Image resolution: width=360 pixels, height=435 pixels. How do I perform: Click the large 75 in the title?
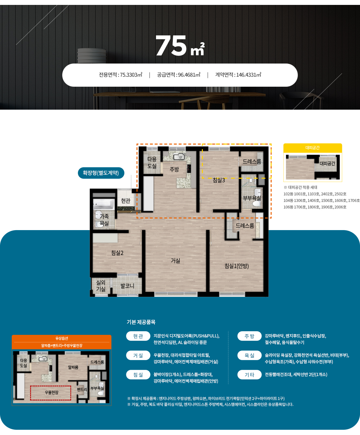(171, 45)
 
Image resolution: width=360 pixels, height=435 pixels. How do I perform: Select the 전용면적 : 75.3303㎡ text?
(120, 75)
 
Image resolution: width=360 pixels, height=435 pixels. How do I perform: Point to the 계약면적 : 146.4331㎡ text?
(238, 75)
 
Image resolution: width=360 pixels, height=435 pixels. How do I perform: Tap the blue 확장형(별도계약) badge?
(101, 173)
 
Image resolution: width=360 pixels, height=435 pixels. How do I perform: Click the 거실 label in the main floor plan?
(175, 261)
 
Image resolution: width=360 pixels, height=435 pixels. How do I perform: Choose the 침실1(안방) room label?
(237, 266)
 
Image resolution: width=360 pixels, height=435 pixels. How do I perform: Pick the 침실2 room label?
(117, 253)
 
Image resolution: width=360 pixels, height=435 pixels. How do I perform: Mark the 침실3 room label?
(219, 180)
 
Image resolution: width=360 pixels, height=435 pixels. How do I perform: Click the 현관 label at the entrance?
(126, 201)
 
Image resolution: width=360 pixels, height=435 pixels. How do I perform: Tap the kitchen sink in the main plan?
(179, 156)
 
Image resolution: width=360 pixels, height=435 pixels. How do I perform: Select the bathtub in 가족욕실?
(103, 204)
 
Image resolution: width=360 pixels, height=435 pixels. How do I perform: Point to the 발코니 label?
(127, 286)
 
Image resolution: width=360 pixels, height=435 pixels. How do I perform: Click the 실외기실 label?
(101, 286)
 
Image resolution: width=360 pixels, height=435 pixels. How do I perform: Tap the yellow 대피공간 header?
(313, 148)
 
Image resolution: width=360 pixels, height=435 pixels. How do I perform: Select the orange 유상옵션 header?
(62, 338)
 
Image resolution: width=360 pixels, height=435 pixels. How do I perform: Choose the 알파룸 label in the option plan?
(73, 367)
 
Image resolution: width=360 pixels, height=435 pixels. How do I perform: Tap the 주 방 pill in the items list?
(249, 336)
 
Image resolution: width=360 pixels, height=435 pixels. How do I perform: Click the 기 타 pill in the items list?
(249, 375)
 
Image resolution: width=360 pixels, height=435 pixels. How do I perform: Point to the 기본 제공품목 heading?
(141, 322)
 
